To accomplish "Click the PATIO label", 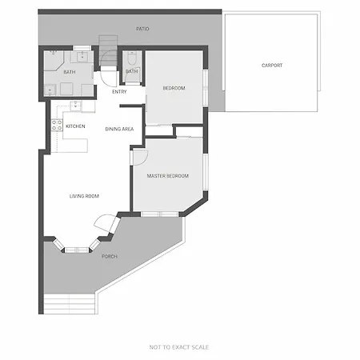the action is click(142, 29).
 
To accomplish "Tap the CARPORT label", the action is click(272, 66).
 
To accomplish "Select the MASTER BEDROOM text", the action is click(168, 176).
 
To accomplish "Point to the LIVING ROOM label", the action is click(84, 196).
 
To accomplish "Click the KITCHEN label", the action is click(75, 126).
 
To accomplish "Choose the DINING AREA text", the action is click(119, 129).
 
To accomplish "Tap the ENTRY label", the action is click(119, 92).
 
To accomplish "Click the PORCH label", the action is click(110, 257).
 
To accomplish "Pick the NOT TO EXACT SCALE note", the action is click(179, 347).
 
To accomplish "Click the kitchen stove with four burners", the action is click(57, 126).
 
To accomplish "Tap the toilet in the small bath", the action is click(131, 58).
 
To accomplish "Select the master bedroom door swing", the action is click(141, 158).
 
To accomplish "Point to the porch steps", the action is click(70, 304).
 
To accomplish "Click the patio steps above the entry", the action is click(108, 50).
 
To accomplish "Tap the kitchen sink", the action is click(76, 106).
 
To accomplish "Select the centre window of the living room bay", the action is click(77, 250).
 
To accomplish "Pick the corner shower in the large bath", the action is click(54, 60).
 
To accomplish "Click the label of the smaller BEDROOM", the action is click(174, 88).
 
